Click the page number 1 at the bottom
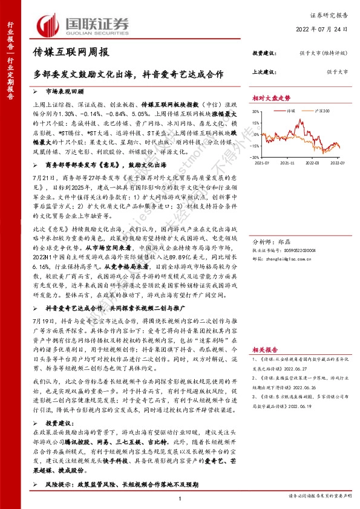(180, 497)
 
